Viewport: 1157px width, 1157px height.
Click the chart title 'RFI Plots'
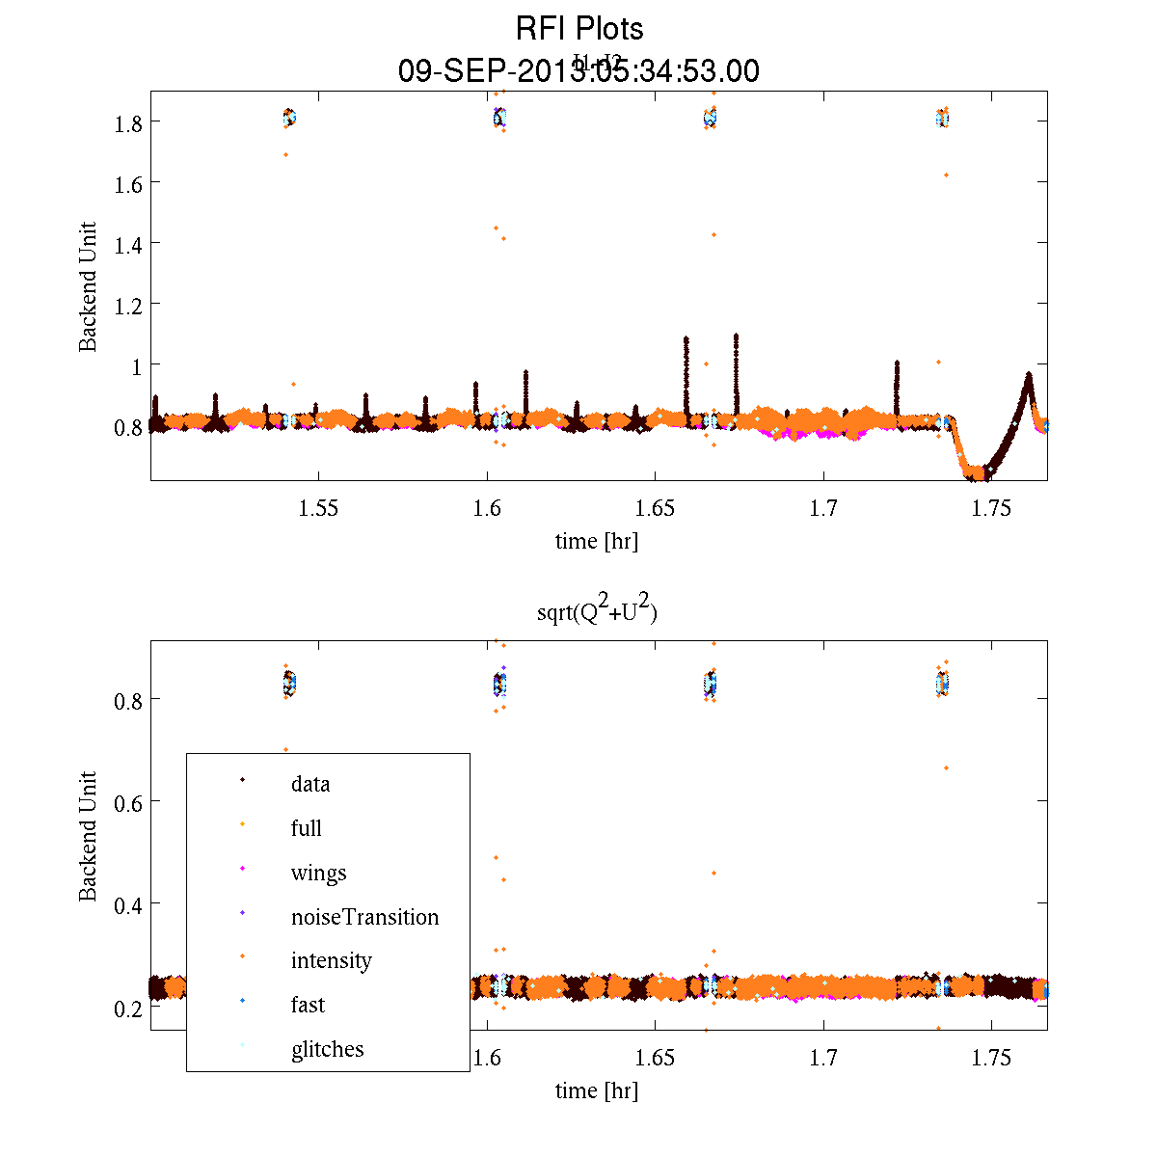click(578, 29)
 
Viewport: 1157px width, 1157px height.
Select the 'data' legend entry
click(310, 784)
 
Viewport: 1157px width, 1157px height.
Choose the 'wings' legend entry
click(318, 873)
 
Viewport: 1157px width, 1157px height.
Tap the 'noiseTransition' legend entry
click(364, 917)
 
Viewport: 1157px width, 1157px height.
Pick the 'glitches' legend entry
click(327, 1049)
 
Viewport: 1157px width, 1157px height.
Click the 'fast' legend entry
click(308, 1005)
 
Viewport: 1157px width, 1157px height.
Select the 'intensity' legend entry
click(331, 960)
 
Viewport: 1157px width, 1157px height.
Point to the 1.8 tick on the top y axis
click(129, 122)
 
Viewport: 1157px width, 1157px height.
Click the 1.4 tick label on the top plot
click(129, 244)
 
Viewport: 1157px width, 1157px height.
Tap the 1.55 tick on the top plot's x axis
click(318, 509)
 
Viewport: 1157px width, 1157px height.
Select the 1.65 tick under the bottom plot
click(655, 1058)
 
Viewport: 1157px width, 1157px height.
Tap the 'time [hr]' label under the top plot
click(596, 541)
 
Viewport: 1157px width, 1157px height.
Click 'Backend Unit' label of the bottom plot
click(88, 836)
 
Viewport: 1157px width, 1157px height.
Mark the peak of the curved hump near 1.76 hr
click(1029, 375)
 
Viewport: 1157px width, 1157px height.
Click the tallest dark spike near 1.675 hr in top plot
click(736, 336)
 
